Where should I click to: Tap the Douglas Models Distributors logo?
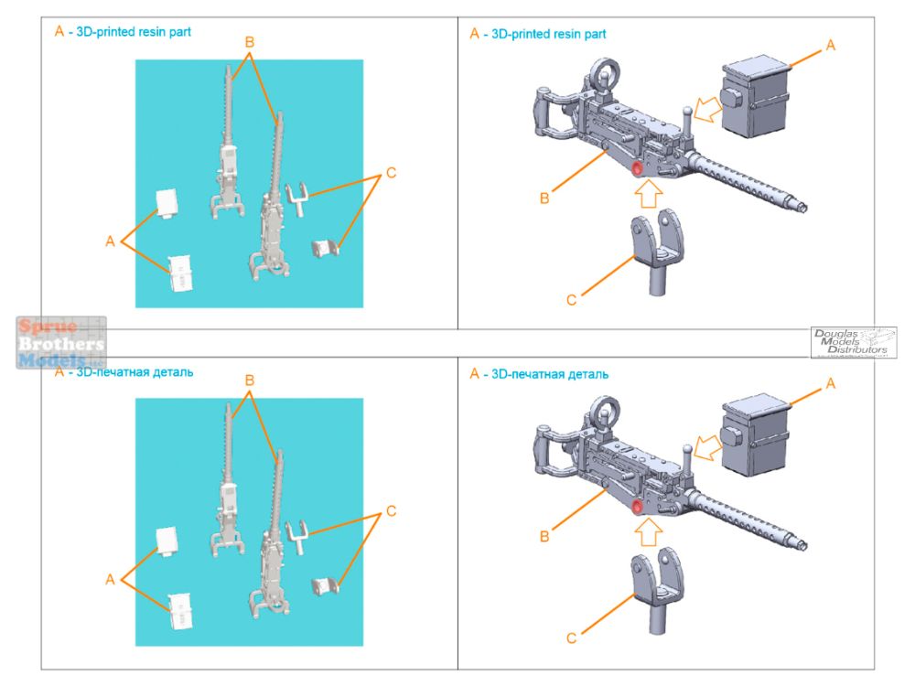coord(855,342)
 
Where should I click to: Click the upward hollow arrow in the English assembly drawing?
coord(647,195)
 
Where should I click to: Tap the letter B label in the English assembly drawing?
coord(544,198)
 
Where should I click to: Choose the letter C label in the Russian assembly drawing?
coord(571,638)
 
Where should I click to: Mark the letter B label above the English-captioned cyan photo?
coord(249,41)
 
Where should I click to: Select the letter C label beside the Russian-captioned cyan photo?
coord(392,510)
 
